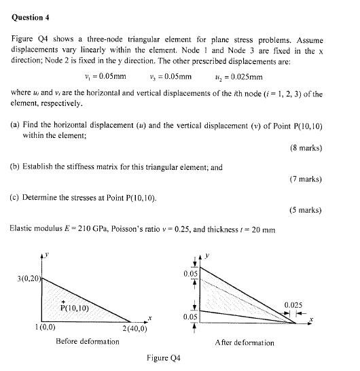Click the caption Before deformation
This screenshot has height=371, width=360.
click(x=88, y=341)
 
